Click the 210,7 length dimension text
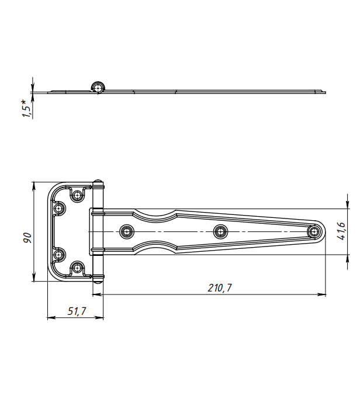coord(220,288)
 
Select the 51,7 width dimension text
coord(77,311)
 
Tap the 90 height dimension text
coord(27,238)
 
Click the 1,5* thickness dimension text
coord(26,109)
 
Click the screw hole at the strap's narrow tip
coord(314,231)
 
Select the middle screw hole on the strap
coord(220,231)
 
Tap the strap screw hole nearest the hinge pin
coord(127,231)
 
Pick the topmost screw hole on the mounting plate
coord(77,196)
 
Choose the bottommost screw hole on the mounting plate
coord(77,268)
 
